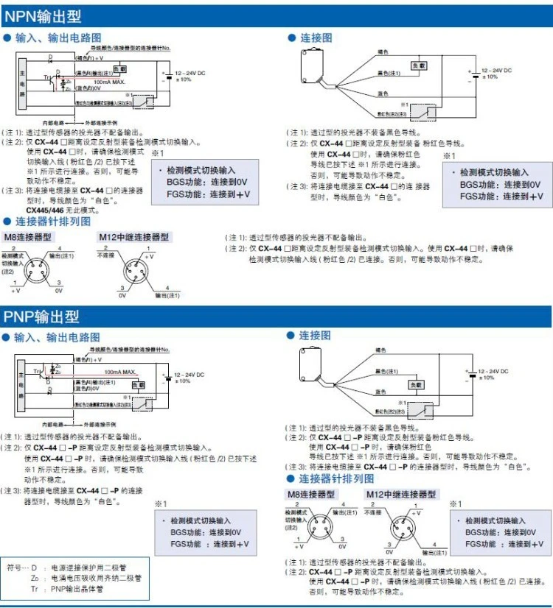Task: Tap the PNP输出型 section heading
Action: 41,317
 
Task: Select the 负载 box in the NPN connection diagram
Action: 418,66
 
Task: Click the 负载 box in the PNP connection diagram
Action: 417,384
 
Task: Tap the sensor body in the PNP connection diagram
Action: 313,361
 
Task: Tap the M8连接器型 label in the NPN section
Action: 27,237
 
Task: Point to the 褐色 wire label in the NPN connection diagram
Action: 382,52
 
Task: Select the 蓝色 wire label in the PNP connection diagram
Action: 381,392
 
